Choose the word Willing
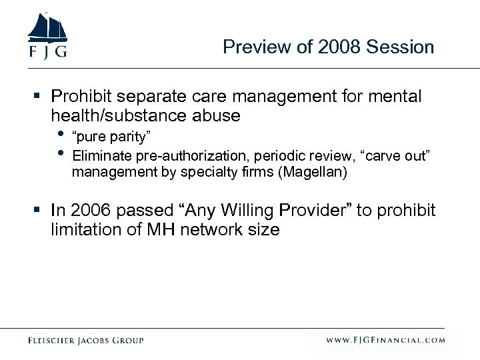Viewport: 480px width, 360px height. (x=247, y=211)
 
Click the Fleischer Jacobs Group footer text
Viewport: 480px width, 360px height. (x=86, y=340)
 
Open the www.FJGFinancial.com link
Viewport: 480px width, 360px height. (x=385, y=340)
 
